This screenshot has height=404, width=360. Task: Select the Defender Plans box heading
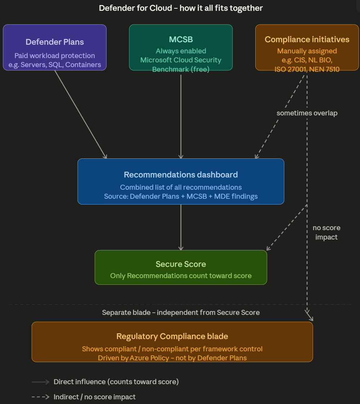pos(55,42)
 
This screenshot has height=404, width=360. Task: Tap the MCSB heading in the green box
pos(181,39)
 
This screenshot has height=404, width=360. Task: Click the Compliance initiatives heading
pos(307,39)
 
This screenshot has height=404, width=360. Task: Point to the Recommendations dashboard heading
pos(181,175)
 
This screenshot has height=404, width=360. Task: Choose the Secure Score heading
pos(181,264)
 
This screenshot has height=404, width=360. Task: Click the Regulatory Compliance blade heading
pos(172,336)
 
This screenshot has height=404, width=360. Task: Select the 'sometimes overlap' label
pos(307,113)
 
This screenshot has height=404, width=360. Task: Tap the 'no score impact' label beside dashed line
pos(326,232)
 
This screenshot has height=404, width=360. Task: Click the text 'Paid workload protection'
pos(55,56)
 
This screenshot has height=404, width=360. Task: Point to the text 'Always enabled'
pos(181,51)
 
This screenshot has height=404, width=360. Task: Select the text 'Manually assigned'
pos(307,51)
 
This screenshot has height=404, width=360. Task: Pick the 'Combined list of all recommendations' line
pos(181,187)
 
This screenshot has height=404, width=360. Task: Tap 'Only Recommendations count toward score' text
pos(181,276)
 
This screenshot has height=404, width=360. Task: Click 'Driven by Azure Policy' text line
pos(172,358)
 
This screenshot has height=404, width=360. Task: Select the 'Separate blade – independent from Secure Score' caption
pos(181,312)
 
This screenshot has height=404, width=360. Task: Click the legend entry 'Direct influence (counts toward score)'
pos(116,382)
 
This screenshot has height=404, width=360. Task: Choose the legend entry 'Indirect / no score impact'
pos(95,397)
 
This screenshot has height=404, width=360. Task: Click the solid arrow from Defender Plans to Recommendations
pos(81,114)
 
